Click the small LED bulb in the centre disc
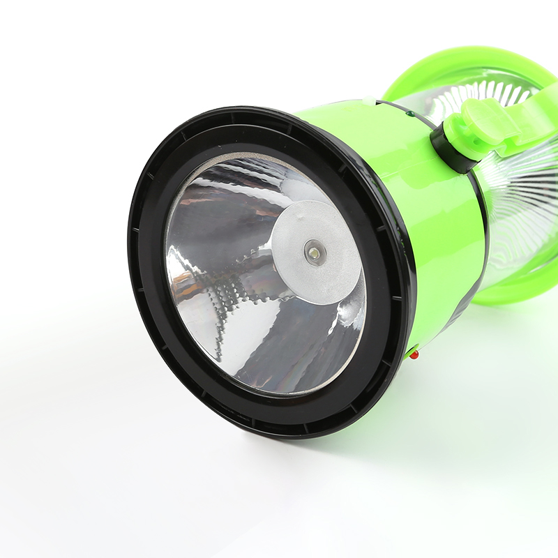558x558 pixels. pyautogui.click(x=312, y=251)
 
